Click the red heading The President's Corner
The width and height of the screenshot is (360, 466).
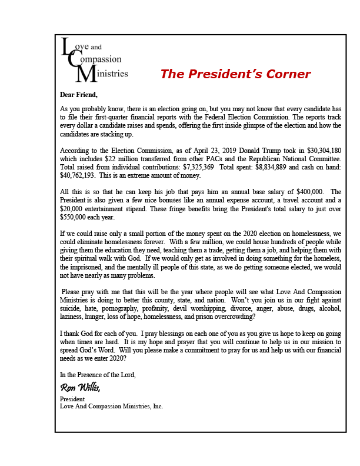(235, 74)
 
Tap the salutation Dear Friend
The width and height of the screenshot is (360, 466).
(79, 95)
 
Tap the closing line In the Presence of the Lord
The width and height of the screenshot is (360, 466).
(98, 374)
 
